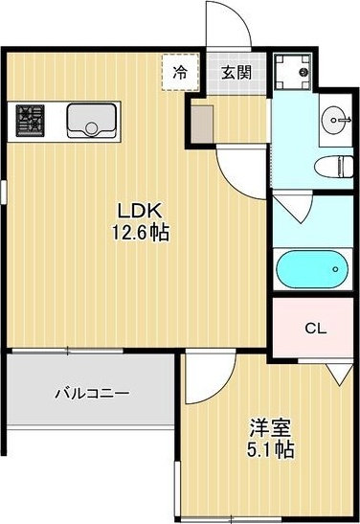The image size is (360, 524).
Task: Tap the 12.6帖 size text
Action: tap(138, 232)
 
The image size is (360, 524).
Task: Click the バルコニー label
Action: tap(91, 393)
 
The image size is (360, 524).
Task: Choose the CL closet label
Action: tap(315, 328)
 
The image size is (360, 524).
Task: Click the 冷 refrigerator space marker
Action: tap(180, 71)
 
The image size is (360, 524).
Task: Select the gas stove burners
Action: tap(29, 120)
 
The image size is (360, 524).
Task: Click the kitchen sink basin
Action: tap(91, 121)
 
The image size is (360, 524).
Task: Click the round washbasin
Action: tap(334, 119)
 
